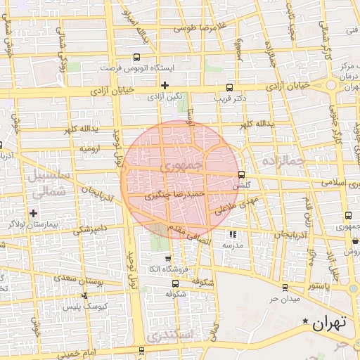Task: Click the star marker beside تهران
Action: click(305, 321)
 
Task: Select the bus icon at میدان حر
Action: click(284, 288)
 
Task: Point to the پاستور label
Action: click(318, 287)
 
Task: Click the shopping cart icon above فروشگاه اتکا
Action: click(167, 259)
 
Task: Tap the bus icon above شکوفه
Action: click(174, 283)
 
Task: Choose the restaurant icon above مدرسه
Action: click(233, 234)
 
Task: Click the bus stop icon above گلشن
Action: click(242, 174)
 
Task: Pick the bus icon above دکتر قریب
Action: click(229, 88)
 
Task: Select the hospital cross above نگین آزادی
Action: click(165, 85)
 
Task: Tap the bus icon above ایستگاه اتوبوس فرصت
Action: click(136, 58)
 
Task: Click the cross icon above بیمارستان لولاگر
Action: click(33, 212)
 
